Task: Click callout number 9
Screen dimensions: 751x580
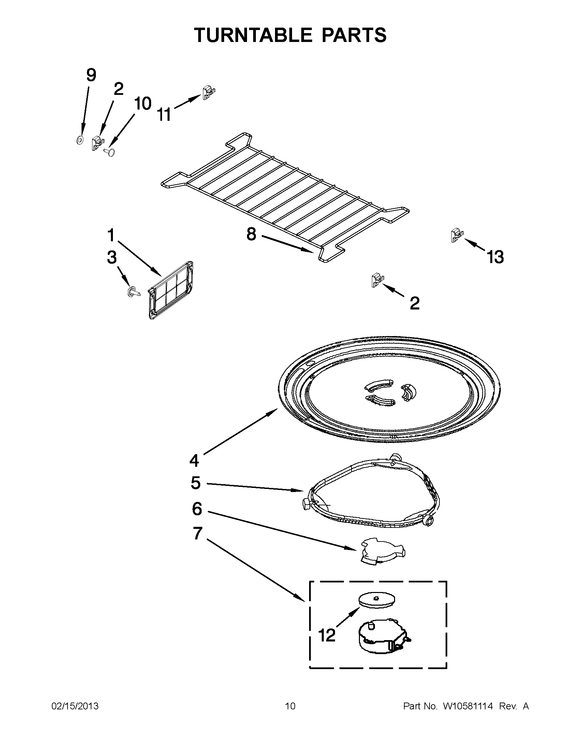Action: (91, 75)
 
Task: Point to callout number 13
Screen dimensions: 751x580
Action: (495, 257)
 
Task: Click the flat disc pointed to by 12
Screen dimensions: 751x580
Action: (376, 600)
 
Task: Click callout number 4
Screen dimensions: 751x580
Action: (194, 460)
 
